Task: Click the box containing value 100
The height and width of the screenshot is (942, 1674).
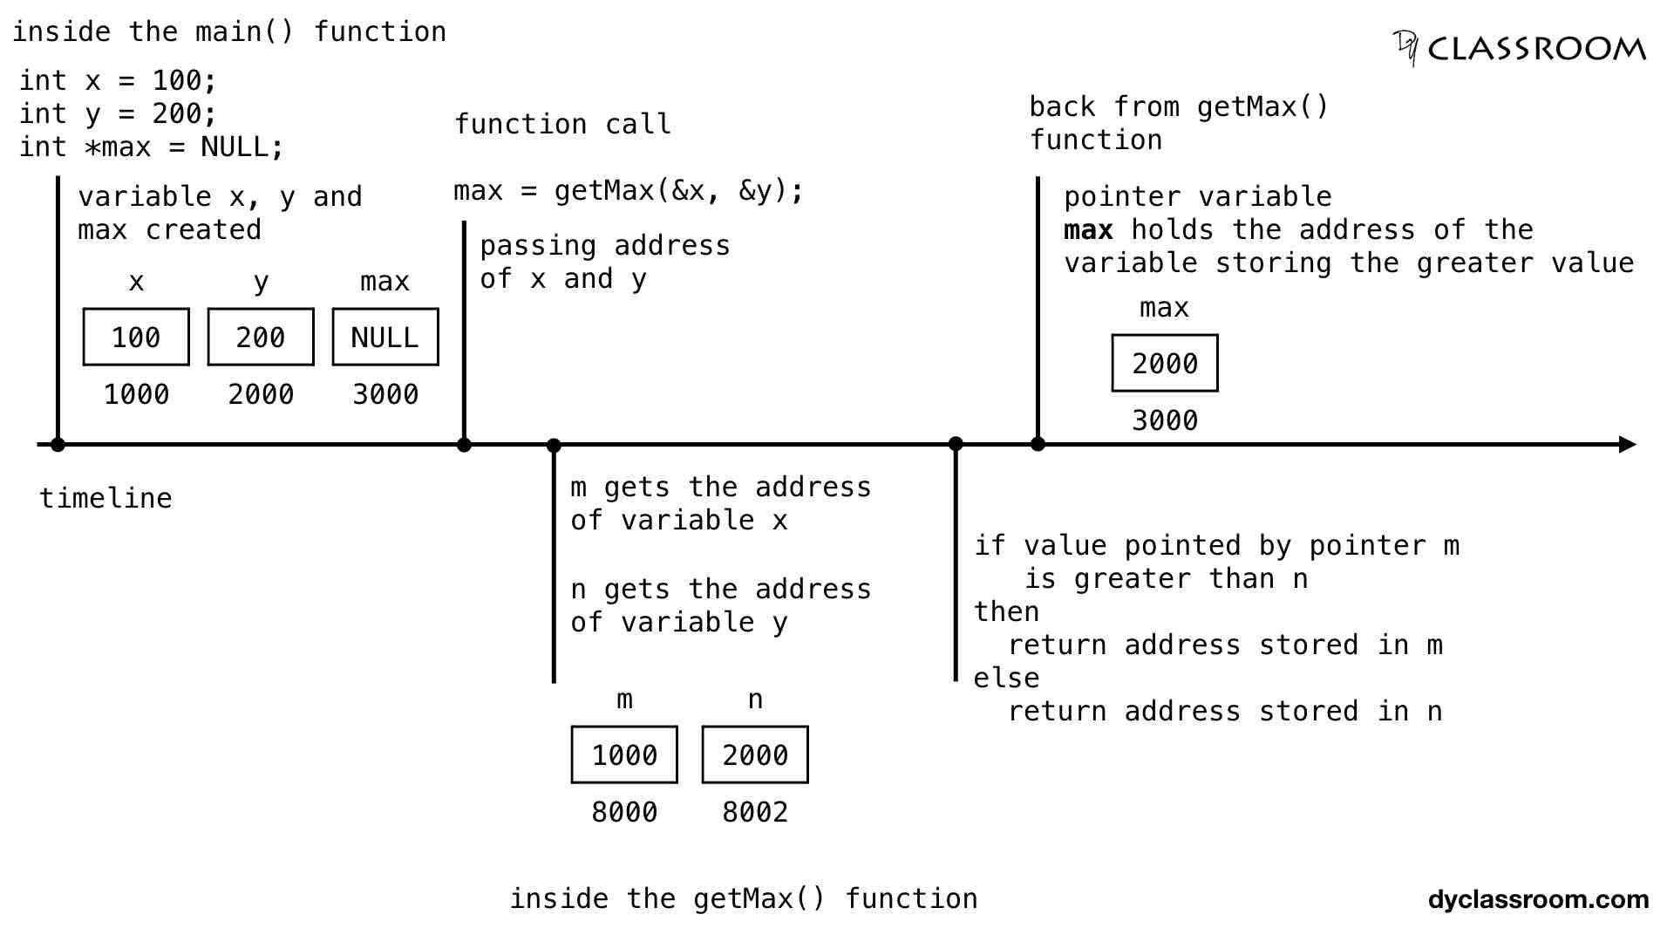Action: tap(136, 337)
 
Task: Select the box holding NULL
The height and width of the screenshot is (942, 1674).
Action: tap(384, 337)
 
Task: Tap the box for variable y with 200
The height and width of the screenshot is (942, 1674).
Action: tap(261, 337)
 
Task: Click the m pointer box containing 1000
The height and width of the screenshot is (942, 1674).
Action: tap(624, 754)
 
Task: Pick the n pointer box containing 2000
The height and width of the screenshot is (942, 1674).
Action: tap(755, 754)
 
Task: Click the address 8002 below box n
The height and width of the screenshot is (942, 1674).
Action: tap(755, 812)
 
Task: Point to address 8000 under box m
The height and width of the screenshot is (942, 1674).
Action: tap(624, 812)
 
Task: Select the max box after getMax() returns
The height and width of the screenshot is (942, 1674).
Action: tap(1165, 363)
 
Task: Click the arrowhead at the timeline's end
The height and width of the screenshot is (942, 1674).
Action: tap(1627, 445)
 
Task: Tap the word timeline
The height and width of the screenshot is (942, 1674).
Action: tap(105, 498)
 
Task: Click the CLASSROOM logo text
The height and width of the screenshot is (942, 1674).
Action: tap(1536, 49)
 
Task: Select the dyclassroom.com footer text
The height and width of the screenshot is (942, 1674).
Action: tap(1538, 899)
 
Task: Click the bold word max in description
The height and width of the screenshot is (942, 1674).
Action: tap(1088, 230)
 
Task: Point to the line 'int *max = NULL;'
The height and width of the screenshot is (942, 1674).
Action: tap(152, 147)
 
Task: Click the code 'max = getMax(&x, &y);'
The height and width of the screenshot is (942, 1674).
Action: tap(628, 190)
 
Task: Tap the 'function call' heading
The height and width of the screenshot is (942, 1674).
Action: tap(562, 124)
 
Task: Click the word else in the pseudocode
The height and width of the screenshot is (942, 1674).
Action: tap(1006, 678)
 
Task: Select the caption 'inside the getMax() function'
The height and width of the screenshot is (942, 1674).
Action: tap(743, 898)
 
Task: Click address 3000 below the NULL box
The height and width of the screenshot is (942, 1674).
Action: tap(384, 394)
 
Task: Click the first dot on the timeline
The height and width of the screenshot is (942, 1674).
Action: tap(58, 445)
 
